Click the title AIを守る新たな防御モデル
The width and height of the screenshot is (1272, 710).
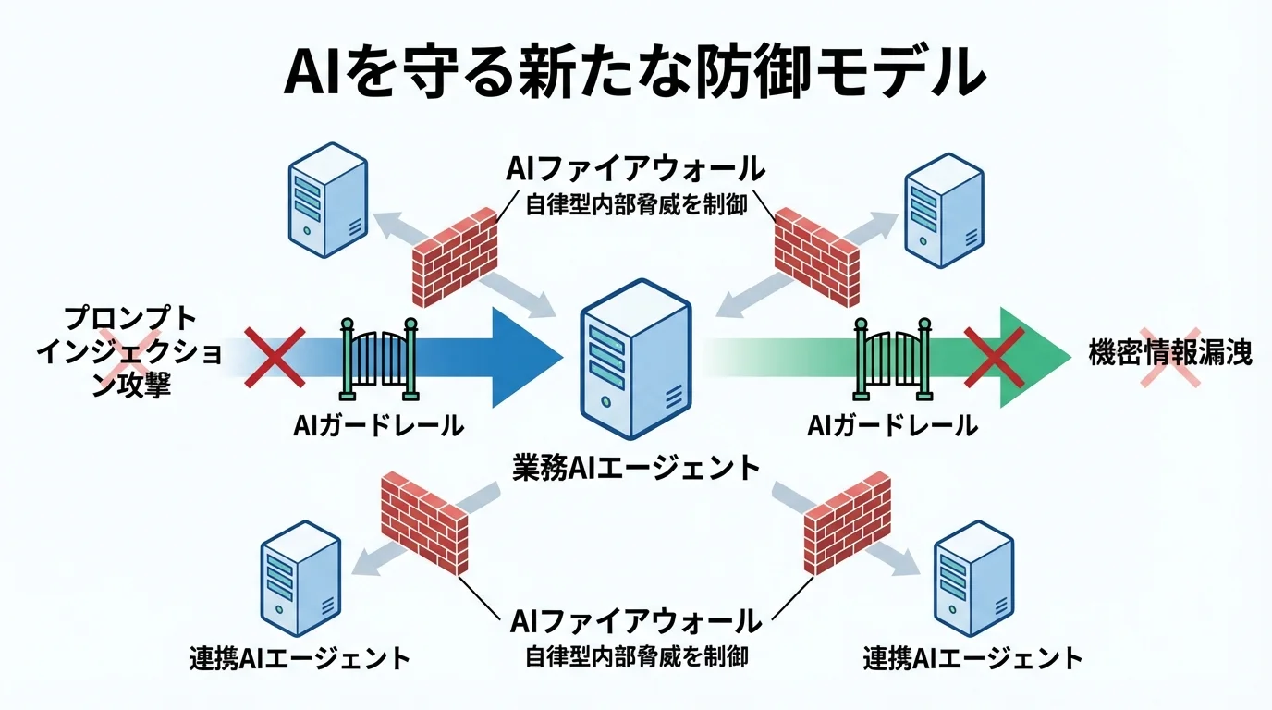tap(635, 73)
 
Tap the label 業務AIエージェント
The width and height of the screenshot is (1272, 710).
tap(636, 468)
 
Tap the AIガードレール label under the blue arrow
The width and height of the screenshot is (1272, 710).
tap(378, 426)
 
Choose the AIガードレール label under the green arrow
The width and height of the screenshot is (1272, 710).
tap(892, 426)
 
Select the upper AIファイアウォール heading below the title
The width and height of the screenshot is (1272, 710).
tap(635, 168)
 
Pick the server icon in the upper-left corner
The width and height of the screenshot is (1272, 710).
tap(324, 198)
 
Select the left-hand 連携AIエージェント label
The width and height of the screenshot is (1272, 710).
tap(298, 658)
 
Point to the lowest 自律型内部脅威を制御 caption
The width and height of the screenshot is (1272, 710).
tap(635, 657)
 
